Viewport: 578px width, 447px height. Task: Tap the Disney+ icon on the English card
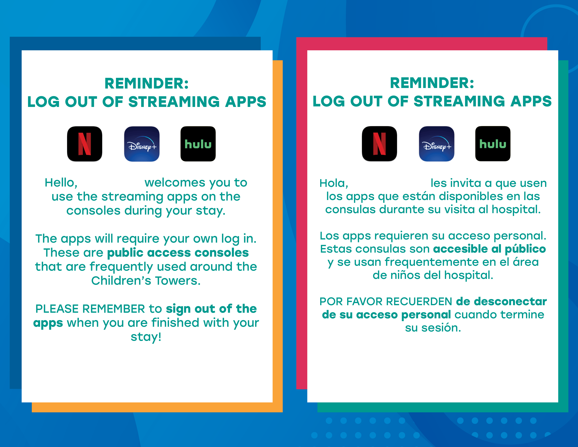[x=142, y=144]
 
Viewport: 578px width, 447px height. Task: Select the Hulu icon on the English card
[x=198, y=144]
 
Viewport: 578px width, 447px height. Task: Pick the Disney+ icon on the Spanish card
[x=437, y=144]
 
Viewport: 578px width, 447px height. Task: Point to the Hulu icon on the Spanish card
[x=493, y=144]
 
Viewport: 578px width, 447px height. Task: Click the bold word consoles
[x=222, y=253]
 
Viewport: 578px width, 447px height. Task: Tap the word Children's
[x=122, y=281]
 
